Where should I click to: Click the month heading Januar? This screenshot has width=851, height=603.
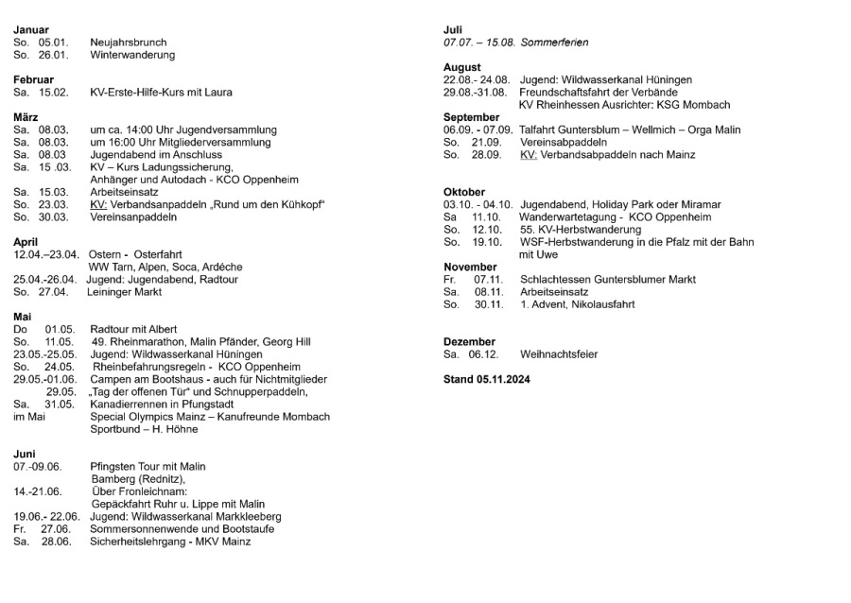click(31, 29)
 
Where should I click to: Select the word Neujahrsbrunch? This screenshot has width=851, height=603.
click(129, 43)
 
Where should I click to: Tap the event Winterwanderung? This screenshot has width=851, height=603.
click(132, 55)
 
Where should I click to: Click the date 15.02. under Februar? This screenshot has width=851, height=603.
click(54, 93)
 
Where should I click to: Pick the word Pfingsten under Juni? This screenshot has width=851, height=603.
click(114, 466)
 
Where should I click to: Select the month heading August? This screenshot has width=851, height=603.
click(462, 67)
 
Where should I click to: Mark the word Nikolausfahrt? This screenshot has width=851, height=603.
click(600, 304)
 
